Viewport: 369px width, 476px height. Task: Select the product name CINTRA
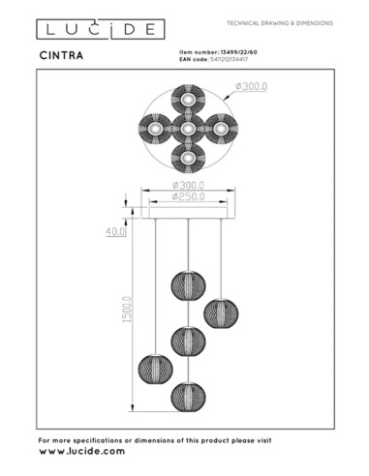pyautogui.click(x=63, y=53)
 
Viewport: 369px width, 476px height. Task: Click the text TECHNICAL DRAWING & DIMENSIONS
pyautogui.click(x=279, y=21)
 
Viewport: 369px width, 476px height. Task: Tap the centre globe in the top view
pyautogui.click(x=185, y=128)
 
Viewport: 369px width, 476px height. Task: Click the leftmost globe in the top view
pyautogui.click(x=154, y=128)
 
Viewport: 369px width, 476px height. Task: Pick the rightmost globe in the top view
pyautogui.click(x=219, y=128)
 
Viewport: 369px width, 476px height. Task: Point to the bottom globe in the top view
pyautogui.click(x=185, y=156)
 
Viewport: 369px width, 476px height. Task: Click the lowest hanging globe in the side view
pyautogui.click(x=185, y=397)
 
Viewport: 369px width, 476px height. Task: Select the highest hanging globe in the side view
pyautogui.click(x=185, y=285)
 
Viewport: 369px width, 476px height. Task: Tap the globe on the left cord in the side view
pyautogui.click(x=153, y=368)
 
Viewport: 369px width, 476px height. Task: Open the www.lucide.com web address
pyautogui.click(x=81, y=452)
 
